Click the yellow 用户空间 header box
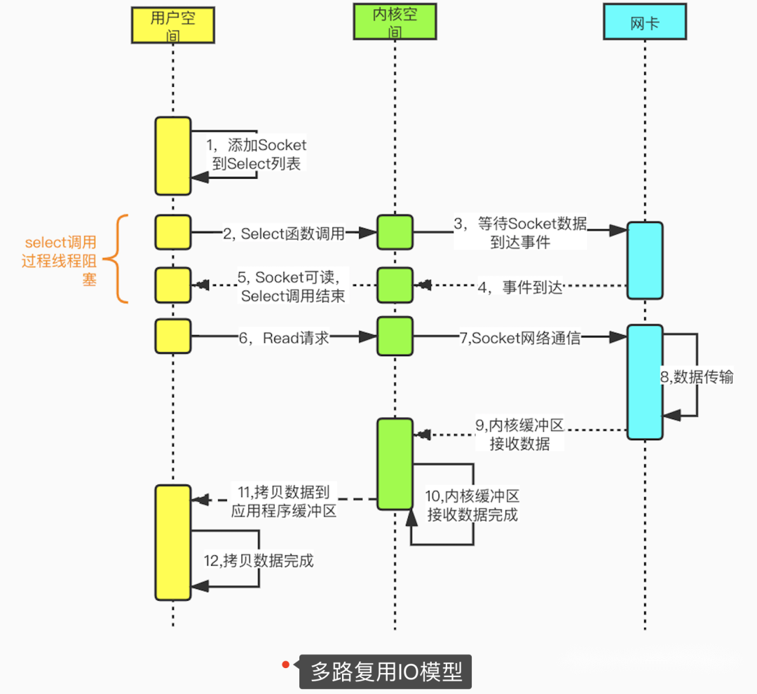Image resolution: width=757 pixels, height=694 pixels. [x=172, y=25]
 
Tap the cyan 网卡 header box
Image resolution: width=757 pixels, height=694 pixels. [x=644, y=24]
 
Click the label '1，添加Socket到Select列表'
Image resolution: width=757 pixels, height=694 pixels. [x=256, y=154]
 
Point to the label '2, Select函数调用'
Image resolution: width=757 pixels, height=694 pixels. [x=284, y=234]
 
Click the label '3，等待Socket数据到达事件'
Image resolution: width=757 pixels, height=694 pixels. [x=521, y=233]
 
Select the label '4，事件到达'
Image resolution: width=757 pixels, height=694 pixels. [x=522, y=287]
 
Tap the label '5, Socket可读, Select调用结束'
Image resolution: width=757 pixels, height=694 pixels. [x=292, y=286]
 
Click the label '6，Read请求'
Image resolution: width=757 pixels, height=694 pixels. [x=284, y=338]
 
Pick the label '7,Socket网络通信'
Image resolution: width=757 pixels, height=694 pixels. [x=520, y=338]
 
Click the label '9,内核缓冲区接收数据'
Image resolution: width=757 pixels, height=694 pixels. [x=520, y=434]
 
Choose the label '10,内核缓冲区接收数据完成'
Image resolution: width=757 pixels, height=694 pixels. [x=473, y=505]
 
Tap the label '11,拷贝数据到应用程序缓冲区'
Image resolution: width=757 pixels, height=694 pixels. [x=283, y=501]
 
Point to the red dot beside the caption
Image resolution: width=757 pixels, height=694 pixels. [x=286, y=664]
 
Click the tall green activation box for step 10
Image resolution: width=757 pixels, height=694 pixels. [x=395, y=464]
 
